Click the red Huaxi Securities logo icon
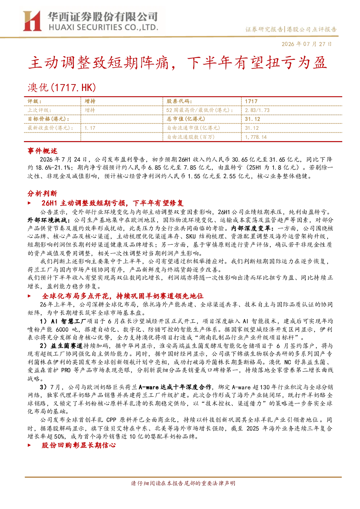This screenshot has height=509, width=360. click(x=32, y=21)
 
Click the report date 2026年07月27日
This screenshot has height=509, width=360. click(x=307, y=44)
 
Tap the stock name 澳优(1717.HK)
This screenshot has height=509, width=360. click(x=62, y=87)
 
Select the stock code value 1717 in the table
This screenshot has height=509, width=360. click(x=251, y=102)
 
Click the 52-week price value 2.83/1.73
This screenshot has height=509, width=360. click(x=257, y=110)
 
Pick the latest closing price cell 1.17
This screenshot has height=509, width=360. click(x=90, y=128)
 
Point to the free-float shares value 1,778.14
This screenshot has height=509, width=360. click(x=256, y=137)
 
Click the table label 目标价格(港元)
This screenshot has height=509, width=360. click(x=49, y=119)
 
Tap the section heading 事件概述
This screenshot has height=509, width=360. click(x=42, y=151)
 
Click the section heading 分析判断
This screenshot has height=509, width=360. click(x=42, y=194)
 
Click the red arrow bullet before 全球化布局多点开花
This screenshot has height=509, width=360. click(x=29, y=296)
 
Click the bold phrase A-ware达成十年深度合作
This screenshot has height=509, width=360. click(x=175, y=387)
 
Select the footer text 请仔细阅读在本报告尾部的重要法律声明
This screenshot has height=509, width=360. click(x=183, y=483)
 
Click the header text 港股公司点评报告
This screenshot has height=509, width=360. click(x=311, y=29)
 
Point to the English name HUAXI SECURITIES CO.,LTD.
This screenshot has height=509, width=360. click(x=103, y=28)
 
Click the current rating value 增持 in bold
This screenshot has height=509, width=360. click(x=90, y=102)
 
